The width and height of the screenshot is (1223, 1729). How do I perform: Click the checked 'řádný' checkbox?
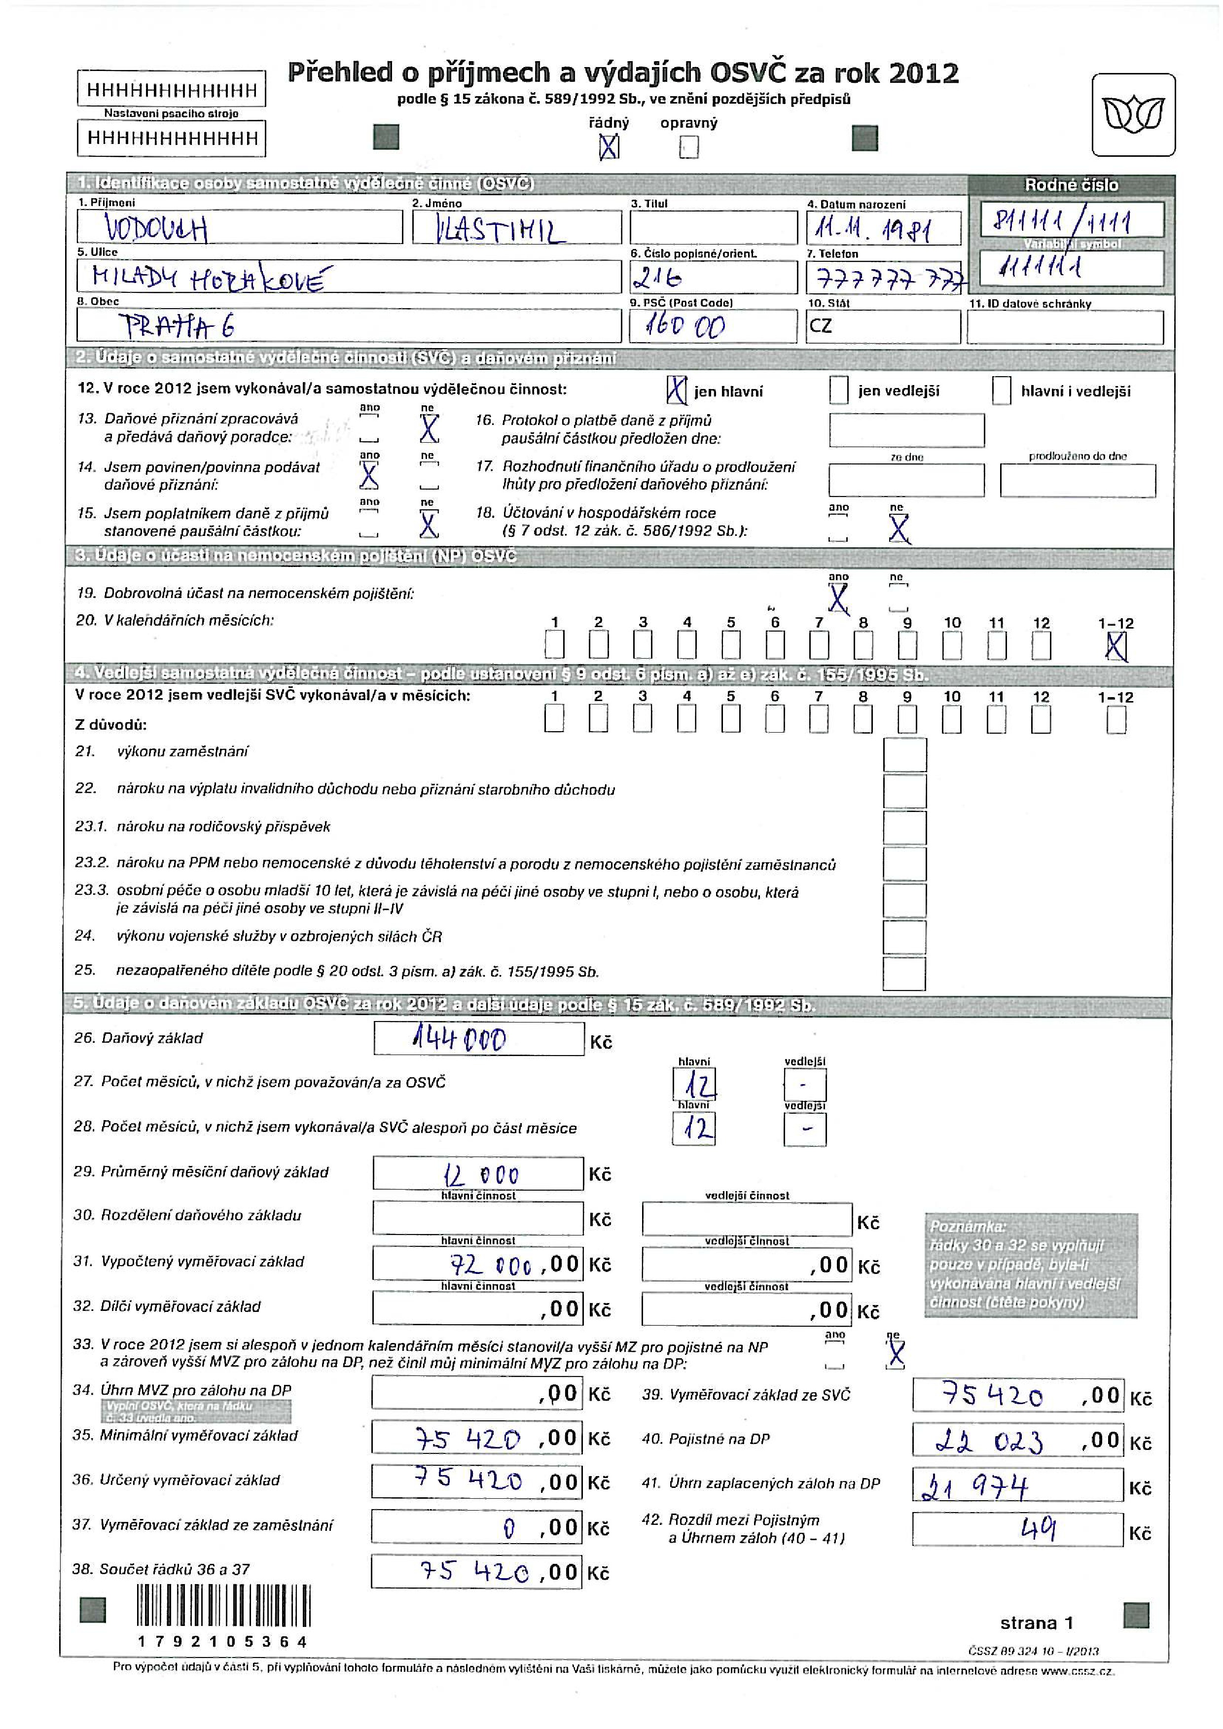609,147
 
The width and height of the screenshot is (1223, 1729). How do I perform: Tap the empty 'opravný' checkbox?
688,147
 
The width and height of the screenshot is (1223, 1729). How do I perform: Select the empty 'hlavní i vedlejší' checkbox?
1001,390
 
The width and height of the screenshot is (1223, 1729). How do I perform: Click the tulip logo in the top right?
1133,115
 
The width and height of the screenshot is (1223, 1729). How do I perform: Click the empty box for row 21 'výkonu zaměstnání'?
904,754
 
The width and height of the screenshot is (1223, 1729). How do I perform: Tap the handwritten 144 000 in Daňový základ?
460,1040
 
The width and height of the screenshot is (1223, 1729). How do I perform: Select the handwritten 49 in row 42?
1039,1529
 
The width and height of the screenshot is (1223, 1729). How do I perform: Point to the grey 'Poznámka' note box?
1030,1265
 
